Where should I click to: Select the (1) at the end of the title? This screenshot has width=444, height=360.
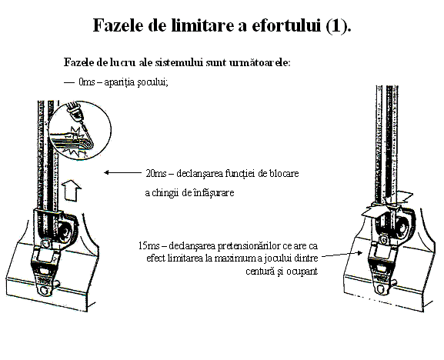click(x=339, y=25)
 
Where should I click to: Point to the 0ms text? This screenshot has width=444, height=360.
click(x=87, y=82)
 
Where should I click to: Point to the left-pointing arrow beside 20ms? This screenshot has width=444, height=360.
click(x=122, y=172)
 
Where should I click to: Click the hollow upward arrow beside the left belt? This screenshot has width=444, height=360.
click(x=71, y=190)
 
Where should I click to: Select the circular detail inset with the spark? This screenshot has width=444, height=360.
click(x=80, y=131)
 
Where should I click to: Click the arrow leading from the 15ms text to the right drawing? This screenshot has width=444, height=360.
click(x=342, y=254)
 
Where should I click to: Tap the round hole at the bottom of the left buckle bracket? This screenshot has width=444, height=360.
click(x=45, y=291)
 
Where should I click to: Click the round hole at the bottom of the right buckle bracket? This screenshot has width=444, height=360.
click(x=382, y=289)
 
